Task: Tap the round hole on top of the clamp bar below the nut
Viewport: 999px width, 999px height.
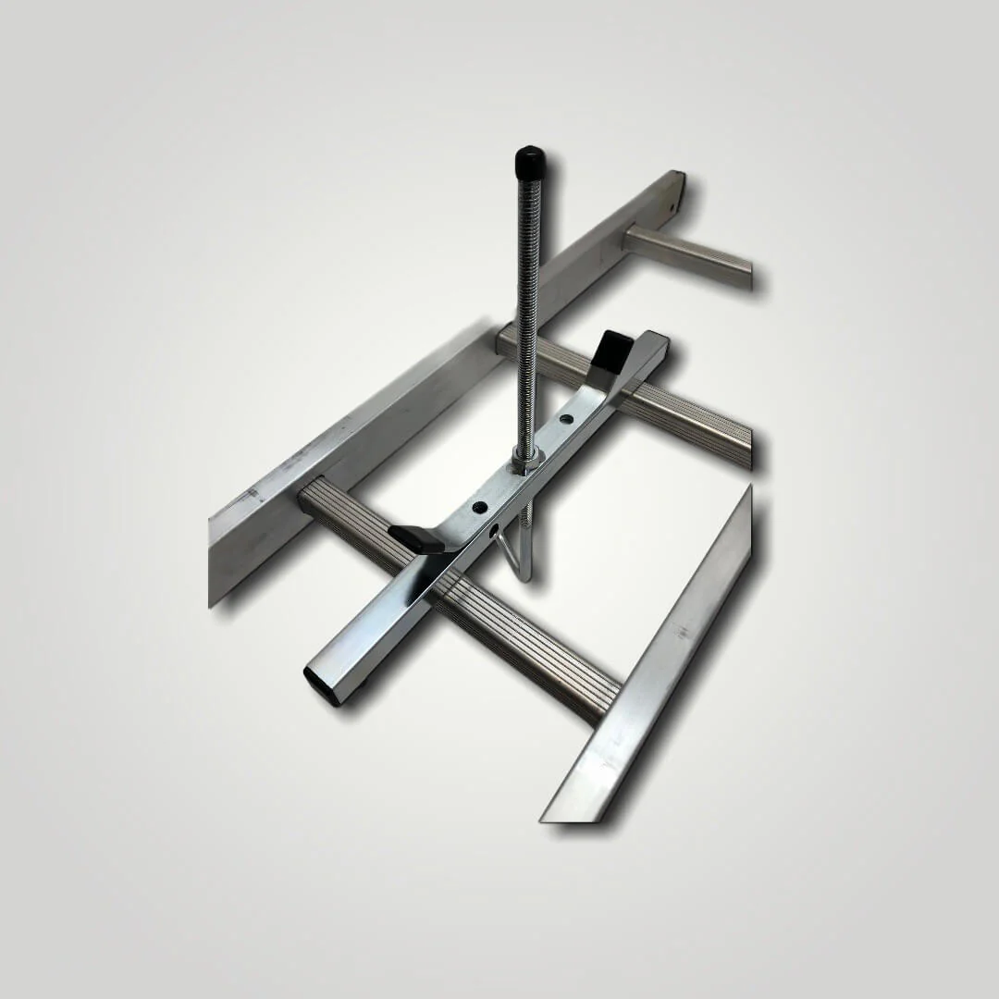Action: point(479,507)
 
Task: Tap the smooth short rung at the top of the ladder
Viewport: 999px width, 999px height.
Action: point(689,257)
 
